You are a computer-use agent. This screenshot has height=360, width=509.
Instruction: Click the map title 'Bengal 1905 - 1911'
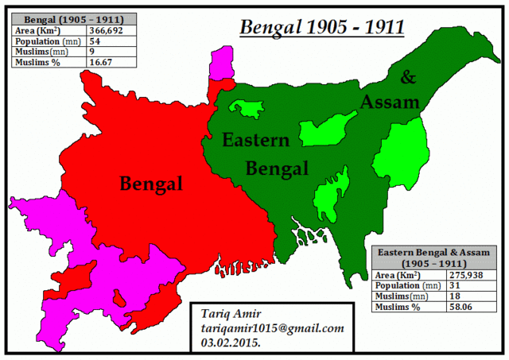[322, 28]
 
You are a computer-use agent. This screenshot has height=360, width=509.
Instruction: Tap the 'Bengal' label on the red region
[151, 184]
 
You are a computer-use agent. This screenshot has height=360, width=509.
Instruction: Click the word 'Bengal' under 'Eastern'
[276, 168]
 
